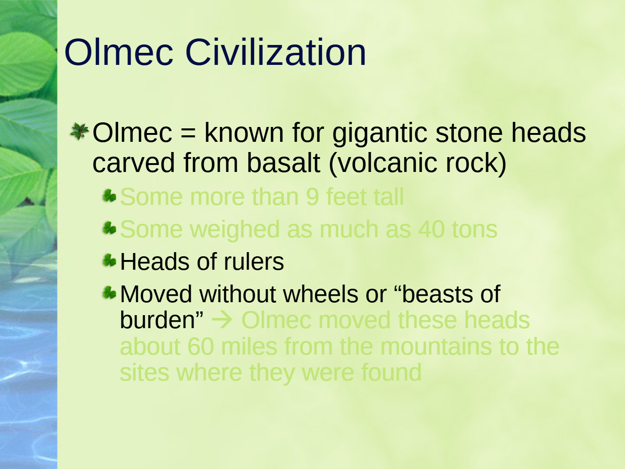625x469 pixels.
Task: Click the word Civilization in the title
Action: pos(275,52)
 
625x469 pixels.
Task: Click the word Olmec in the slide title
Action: pos(119,52)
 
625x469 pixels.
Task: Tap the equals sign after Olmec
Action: pos(188,133)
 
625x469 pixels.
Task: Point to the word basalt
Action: pos(284,163)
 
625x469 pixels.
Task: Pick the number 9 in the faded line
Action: pos(312,196)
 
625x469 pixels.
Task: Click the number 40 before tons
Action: pos(431,229)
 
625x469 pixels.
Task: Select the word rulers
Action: pos(254,261)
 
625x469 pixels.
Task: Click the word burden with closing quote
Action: pos(162,320)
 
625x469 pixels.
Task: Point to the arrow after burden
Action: pos(222,320)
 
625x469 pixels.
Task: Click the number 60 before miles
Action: pos(201,346)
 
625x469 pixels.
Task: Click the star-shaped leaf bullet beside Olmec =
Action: pos(80,131)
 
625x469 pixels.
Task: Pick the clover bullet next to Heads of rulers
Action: pos(109,260)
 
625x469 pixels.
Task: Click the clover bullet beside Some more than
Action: pos(109,196)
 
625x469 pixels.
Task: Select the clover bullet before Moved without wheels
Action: pos(109,292)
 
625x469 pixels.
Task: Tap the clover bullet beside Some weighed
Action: pos(109,228)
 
